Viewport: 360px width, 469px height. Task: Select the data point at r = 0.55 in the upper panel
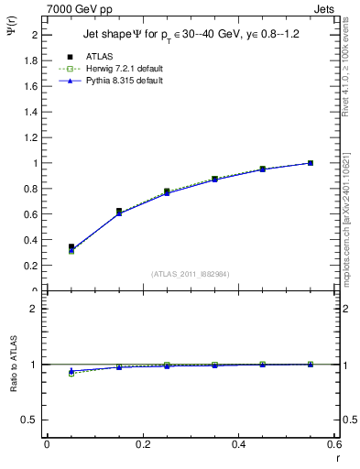point(311,163)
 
